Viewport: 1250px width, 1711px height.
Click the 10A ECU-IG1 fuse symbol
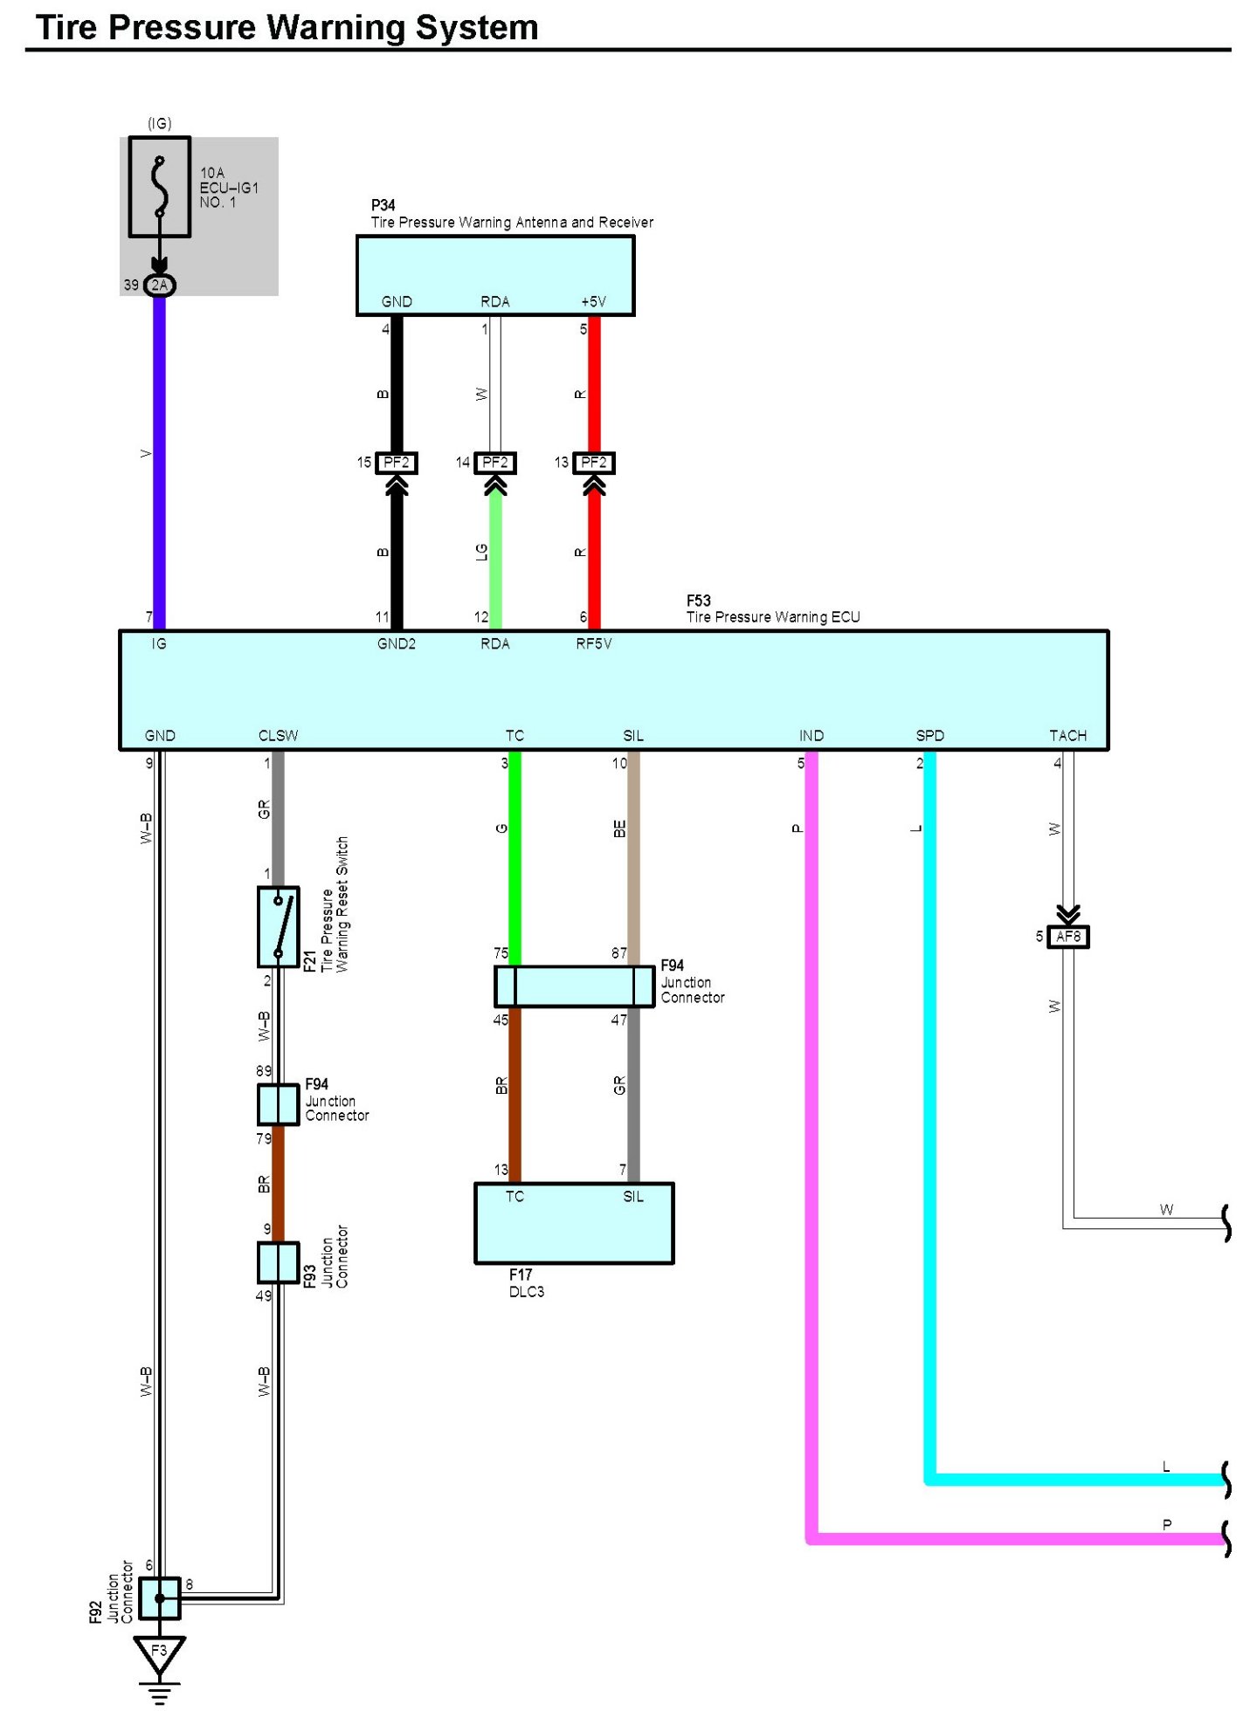(159, 186)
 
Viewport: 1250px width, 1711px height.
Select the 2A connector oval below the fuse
(159, 285)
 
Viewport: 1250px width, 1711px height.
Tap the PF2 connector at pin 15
(396, 463)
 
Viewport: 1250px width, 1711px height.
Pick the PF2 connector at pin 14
(495, 463)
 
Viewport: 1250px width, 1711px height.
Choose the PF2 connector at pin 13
(594, 463)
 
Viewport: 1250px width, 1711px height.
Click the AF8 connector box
(1067, 937)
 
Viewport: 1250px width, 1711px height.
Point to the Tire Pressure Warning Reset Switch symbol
(278, 926)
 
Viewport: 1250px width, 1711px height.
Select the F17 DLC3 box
(574, 1222)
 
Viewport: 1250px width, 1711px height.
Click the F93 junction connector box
(278, 1262)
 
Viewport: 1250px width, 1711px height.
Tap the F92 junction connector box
(159, 1598)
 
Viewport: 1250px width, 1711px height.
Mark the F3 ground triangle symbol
(159, 1653)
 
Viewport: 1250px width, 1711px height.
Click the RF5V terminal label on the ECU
(594, 644)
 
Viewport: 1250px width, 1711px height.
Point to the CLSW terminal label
(278, 736)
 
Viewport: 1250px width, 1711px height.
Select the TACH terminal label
(1067, 736)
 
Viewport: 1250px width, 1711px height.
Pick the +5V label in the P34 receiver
(594, 302)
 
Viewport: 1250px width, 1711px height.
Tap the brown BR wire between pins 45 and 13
(515, 1091)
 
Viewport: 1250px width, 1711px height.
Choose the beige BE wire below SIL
(633, 855)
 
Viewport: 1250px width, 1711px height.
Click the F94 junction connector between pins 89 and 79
(278, 1104)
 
